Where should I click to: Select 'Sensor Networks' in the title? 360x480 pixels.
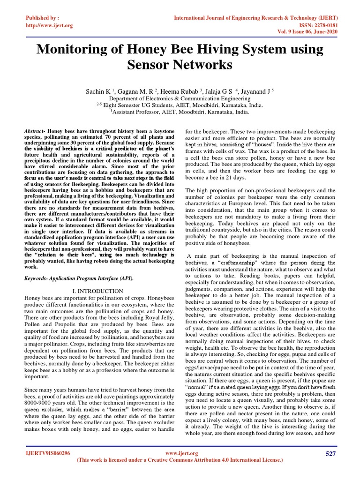180,65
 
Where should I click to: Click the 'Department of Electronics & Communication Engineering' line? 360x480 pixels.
180,99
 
